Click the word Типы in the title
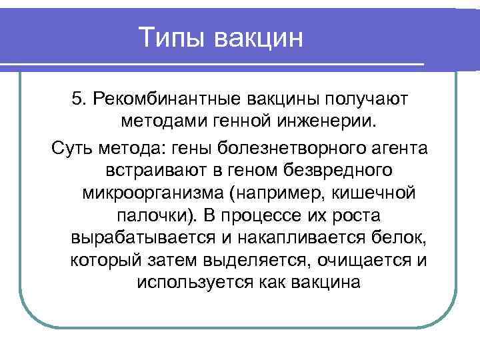click(x=173, y=37)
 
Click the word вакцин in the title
click(x=259, y=37)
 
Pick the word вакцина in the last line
click(x=326, y=283)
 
